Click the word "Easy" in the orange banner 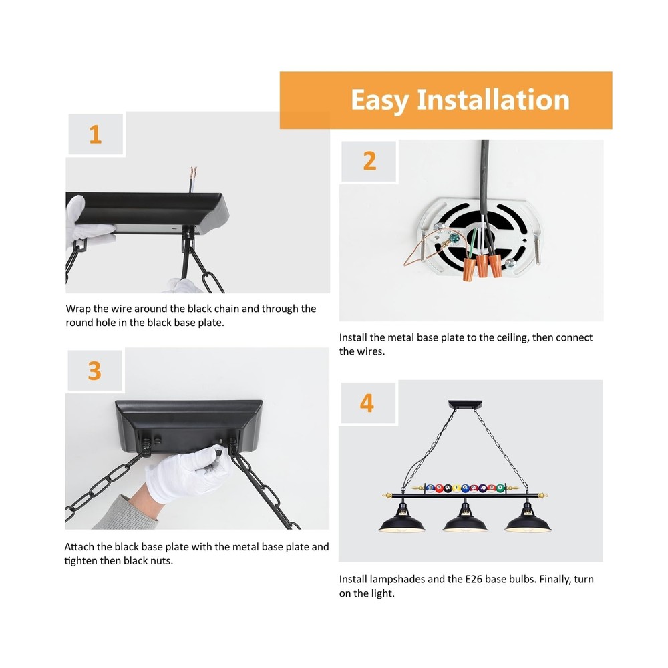379,100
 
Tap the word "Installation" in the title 493,100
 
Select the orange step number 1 96,134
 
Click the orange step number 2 369,161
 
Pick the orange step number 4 367,403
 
